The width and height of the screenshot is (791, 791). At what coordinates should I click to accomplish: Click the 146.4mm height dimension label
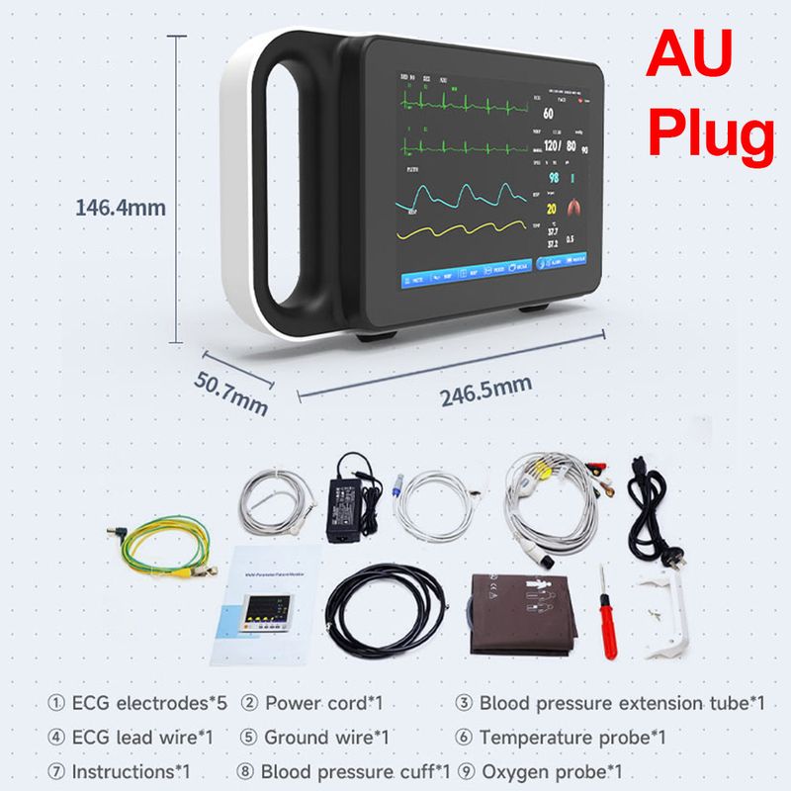point(121,208)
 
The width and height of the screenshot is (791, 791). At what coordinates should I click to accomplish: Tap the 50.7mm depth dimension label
point(232,387)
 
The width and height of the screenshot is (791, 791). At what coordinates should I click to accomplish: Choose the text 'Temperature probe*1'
point(572,738)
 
